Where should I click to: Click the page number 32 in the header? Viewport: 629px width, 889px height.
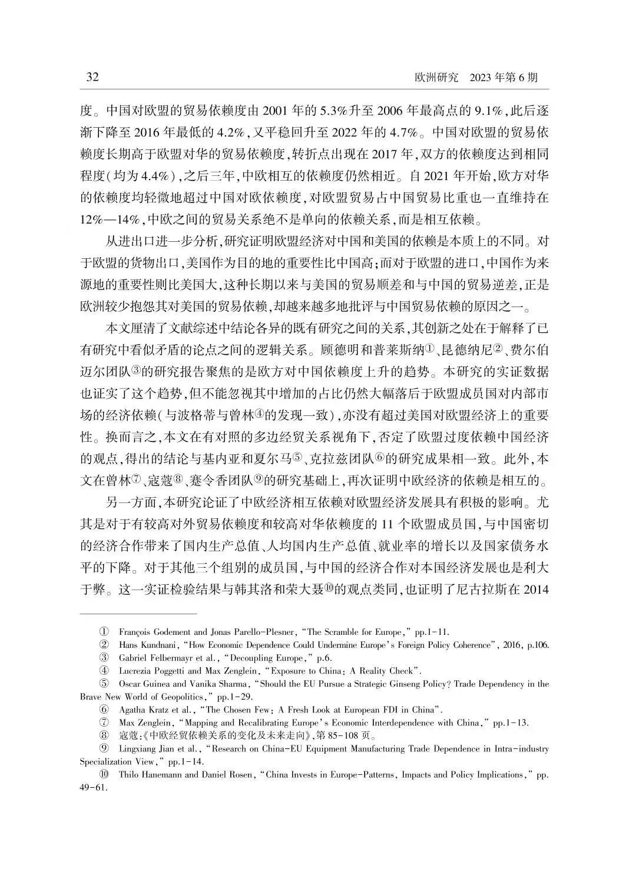92,78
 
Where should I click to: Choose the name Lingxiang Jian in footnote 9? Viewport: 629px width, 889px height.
148,749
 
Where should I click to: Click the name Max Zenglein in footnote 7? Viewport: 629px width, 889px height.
143,723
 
